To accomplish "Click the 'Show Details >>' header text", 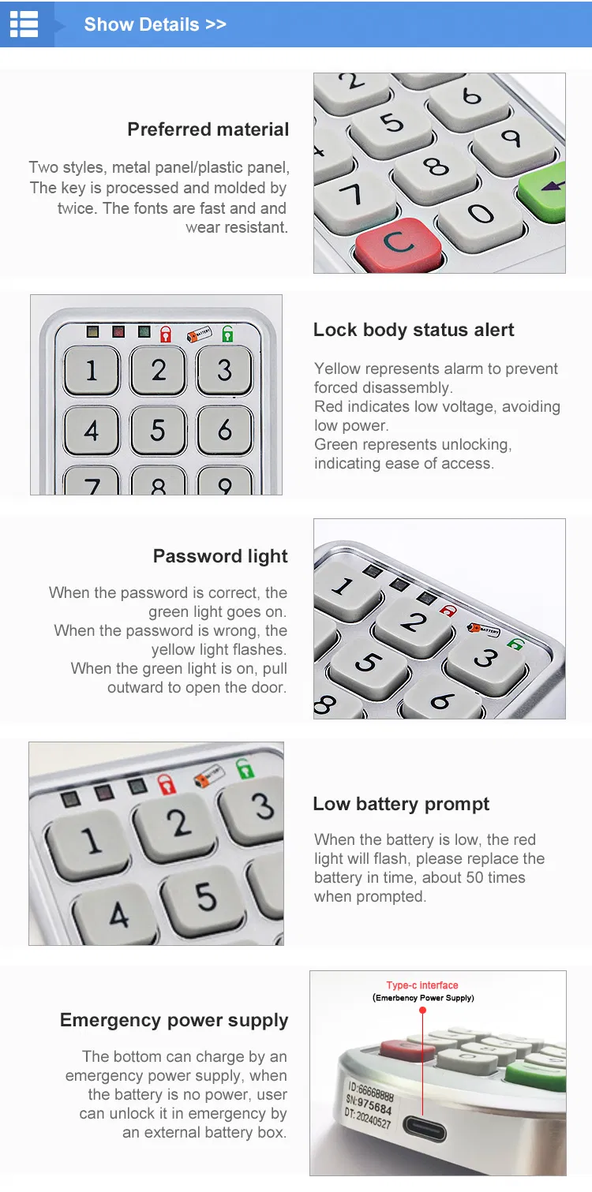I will (x=155, y=24).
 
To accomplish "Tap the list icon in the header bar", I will (x=24, y=24).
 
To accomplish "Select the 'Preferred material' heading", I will (x=208, y=129).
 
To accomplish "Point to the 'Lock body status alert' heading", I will (x=414, y=330).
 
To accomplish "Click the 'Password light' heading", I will (x=220, y=556).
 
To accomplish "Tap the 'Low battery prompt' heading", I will (x=401, y=804).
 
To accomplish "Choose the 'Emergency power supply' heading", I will (x=174, y=1020).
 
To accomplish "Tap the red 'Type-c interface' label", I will (x=422, y=985).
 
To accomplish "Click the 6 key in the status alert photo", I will (x=225, y=430).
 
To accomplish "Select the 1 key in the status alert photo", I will (x=92, y=370).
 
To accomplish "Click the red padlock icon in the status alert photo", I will (x=166, y=334).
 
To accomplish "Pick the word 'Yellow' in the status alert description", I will (x=337, y=368).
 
